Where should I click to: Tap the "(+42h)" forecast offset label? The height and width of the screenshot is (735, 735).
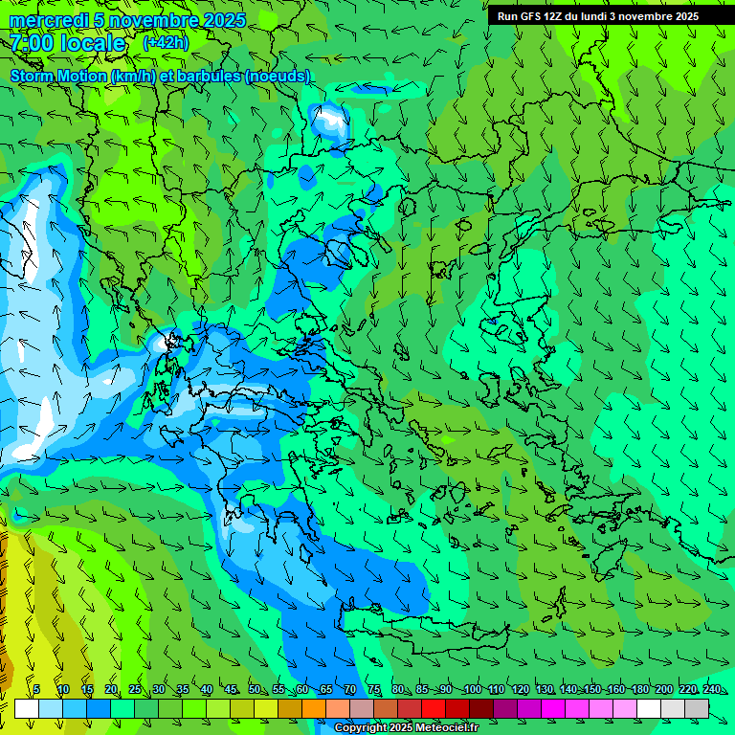click(166, 42)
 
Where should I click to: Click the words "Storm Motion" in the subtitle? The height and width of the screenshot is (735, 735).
click(57, 76)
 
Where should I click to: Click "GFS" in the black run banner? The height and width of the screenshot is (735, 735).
click(532, 16)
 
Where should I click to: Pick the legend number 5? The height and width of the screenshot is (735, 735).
click(36, 689)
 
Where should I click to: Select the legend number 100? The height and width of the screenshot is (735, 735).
click(472, 689)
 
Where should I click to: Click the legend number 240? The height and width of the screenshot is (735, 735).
click(711, 689)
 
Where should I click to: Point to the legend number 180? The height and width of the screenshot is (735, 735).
click(639, 689)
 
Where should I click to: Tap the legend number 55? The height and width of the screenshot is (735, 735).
click(278, 689)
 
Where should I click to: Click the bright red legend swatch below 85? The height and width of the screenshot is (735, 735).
click(434, 708)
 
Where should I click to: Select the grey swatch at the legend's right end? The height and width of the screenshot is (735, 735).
click(697, 708)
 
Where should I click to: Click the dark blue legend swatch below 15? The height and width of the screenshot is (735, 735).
click(99, 708)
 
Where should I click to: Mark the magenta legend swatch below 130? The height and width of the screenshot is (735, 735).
click(553, 708)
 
